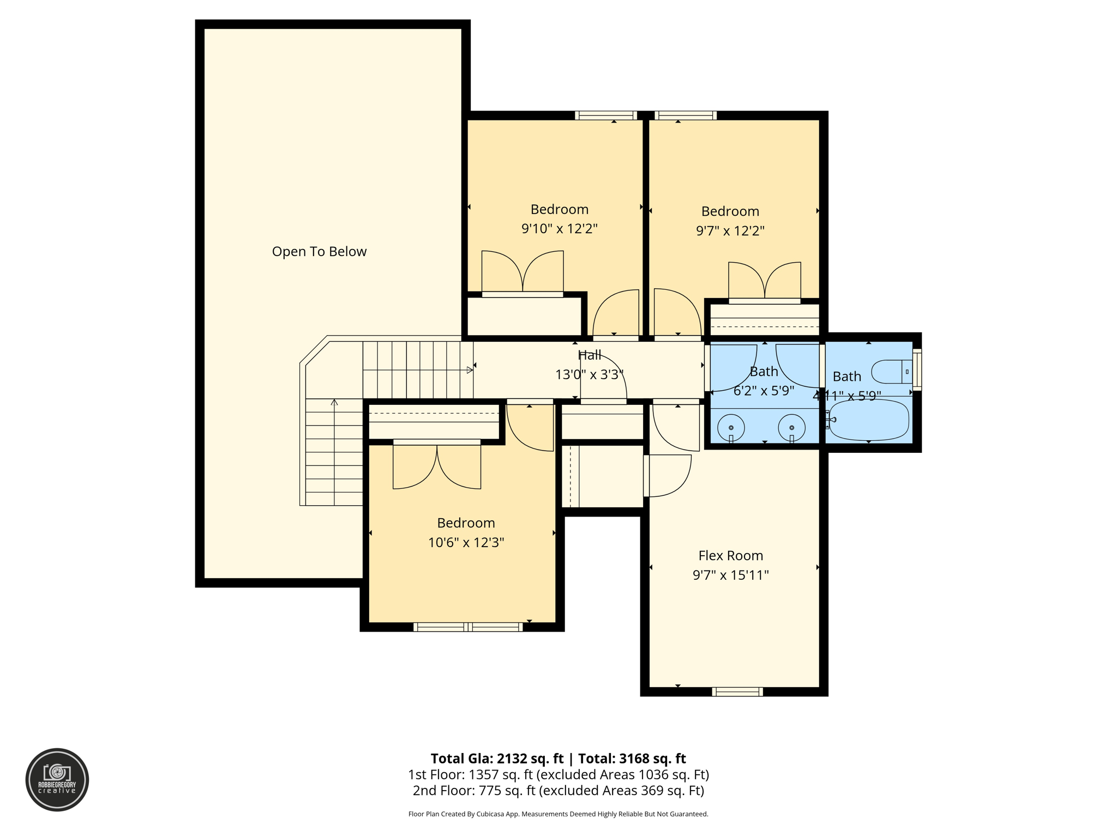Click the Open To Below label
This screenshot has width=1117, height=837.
319,251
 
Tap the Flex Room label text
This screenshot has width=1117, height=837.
730,555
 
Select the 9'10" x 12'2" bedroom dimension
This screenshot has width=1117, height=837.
559,228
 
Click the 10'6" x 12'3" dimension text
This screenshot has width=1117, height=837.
466,542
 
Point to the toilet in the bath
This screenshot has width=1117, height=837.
891,372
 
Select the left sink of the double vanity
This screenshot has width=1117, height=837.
731,427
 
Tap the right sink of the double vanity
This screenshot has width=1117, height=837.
791,427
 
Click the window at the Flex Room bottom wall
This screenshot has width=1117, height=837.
737,692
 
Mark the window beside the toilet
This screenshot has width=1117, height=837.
917,369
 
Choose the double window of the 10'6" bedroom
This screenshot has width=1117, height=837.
468,627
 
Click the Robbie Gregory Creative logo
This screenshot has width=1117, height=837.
57,779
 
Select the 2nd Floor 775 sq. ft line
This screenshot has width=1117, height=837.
558,790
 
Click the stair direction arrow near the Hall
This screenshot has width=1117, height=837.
470,370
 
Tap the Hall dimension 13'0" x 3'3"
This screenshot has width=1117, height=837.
589,375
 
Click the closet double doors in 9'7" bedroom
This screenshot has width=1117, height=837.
765,281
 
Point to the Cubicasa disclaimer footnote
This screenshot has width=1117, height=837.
558,814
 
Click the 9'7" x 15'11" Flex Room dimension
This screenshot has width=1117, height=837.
730,575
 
